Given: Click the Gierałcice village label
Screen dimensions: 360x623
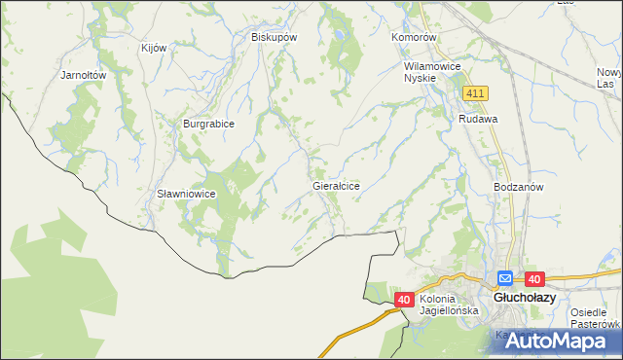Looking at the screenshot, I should point(336,185).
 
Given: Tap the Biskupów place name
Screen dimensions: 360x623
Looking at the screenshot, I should point(274,37).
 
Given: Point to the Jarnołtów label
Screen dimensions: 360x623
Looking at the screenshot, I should point(83,75).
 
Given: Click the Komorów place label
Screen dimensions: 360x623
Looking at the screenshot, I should point(416,37).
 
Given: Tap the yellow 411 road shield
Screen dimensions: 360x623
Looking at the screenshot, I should point(475,92).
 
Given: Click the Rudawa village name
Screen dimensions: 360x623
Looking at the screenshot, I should point(479,119).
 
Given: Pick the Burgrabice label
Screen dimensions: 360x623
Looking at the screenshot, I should point(209,125).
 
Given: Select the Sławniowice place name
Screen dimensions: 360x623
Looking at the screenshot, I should point(186,194).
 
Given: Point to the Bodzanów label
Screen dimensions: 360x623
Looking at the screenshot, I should point(518,186).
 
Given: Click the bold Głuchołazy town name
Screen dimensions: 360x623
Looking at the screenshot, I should point(525,299).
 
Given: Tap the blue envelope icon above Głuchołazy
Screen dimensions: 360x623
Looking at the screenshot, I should point(505,278).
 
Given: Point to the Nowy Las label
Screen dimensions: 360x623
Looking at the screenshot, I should point(609,78).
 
